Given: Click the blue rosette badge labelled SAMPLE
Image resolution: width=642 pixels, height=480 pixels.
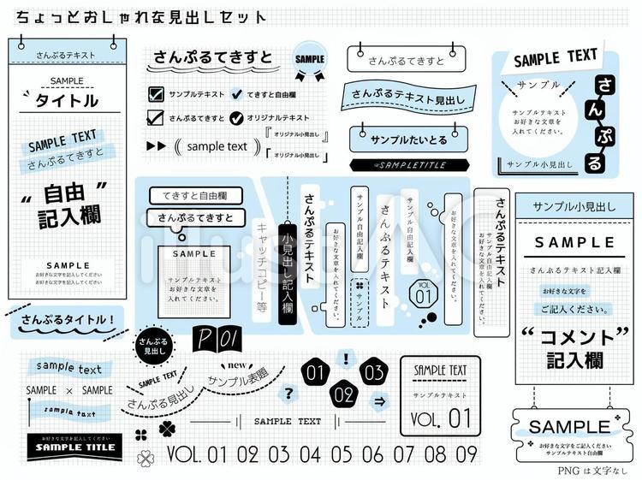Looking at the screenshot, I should (x=310, y=60).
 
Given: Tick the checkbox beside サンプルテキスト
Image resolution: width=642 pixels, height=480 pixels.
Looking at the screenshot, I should (x=156, y=93).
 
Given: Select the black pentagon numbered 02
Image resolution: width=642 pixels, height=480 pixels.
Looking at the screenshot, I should (x=343, y=394).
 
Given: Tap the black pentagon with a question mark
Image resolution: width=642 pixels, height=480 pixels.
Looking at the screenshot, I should (x=289, y=394).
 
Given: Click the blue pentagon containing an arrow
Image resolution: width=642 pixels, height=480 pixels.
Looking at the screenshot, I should (x=379, y=400).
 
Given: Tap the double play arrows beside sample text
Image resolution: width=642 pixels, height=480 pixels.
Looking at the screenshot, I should (x=157, y=146).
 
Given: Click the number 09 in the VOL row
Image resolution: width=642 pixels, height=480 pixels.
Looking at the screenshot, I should (x=467, y=454).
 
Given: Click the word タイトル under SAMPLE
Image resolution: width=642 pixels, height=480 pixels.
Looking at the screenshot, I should (x=66, y=101).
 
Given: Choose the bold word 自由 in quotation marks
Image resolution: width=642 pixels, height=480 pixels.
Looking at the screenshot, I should (x=68, y=190).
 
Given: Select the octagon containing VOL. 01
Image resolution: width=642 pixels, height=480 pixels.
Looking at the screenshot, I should (x=423, y=293).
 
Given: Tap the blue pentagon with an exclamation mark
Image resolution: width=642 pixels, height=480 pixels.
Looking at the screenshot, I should (x=345, y=359).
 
